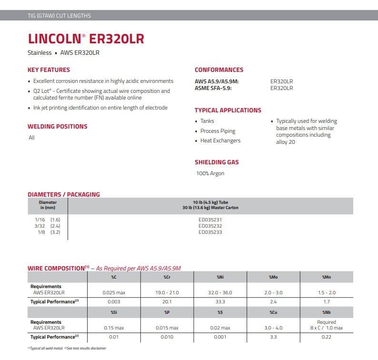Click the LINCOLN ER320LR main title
point(86,38)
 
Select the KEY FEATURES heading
point(49,70)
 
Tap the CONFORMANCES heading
point(219,70)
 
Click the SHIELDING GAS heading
point(217,162)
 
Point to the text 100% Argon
point(210,173)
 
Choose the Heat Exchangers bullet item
point(220,140)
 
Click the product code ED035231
point(210,220)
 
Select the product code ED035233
point(210,232)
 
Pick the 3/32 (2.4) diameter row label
point(48,226)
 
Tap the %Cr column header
point(167,277)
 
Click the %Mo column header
point(273,277)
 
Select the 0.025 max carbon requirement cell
point(114,292)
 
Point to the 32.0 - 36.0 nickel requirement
point(220,292)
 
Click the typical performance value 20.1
point(167,301)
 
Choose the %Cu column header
point(273,312)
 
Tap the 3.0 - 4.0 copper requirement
point(273,328)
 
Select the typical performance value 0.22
point(326,337)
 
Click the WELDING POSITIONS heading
point(57,127)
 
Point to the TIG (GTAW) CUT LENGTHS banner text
point(59,16)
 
